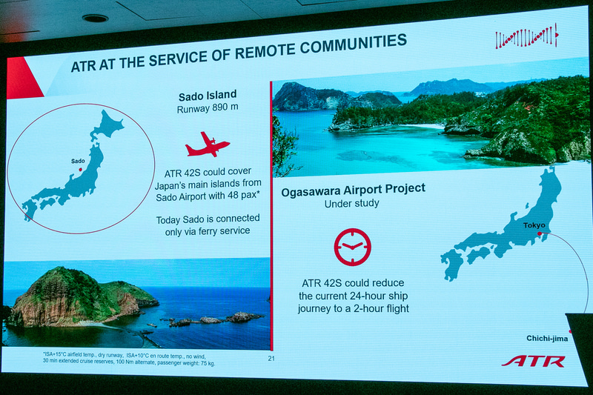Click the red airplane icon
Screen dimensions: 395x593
[208, 144]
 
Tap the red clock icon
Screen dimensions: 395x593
[352, 246]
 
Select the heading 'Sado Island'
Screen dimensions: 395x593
[208, 95]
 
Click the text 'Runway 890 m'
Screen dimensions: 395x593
[208, 109]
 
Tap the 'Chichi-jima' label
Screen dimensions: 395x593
[547, 339]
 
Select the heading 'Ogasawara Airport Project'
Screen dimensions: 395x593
[353, 189]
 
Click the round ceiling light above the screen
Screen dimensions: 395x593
[95, 18]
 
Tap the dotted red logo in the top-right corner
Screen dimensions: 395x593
[526, 37]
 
